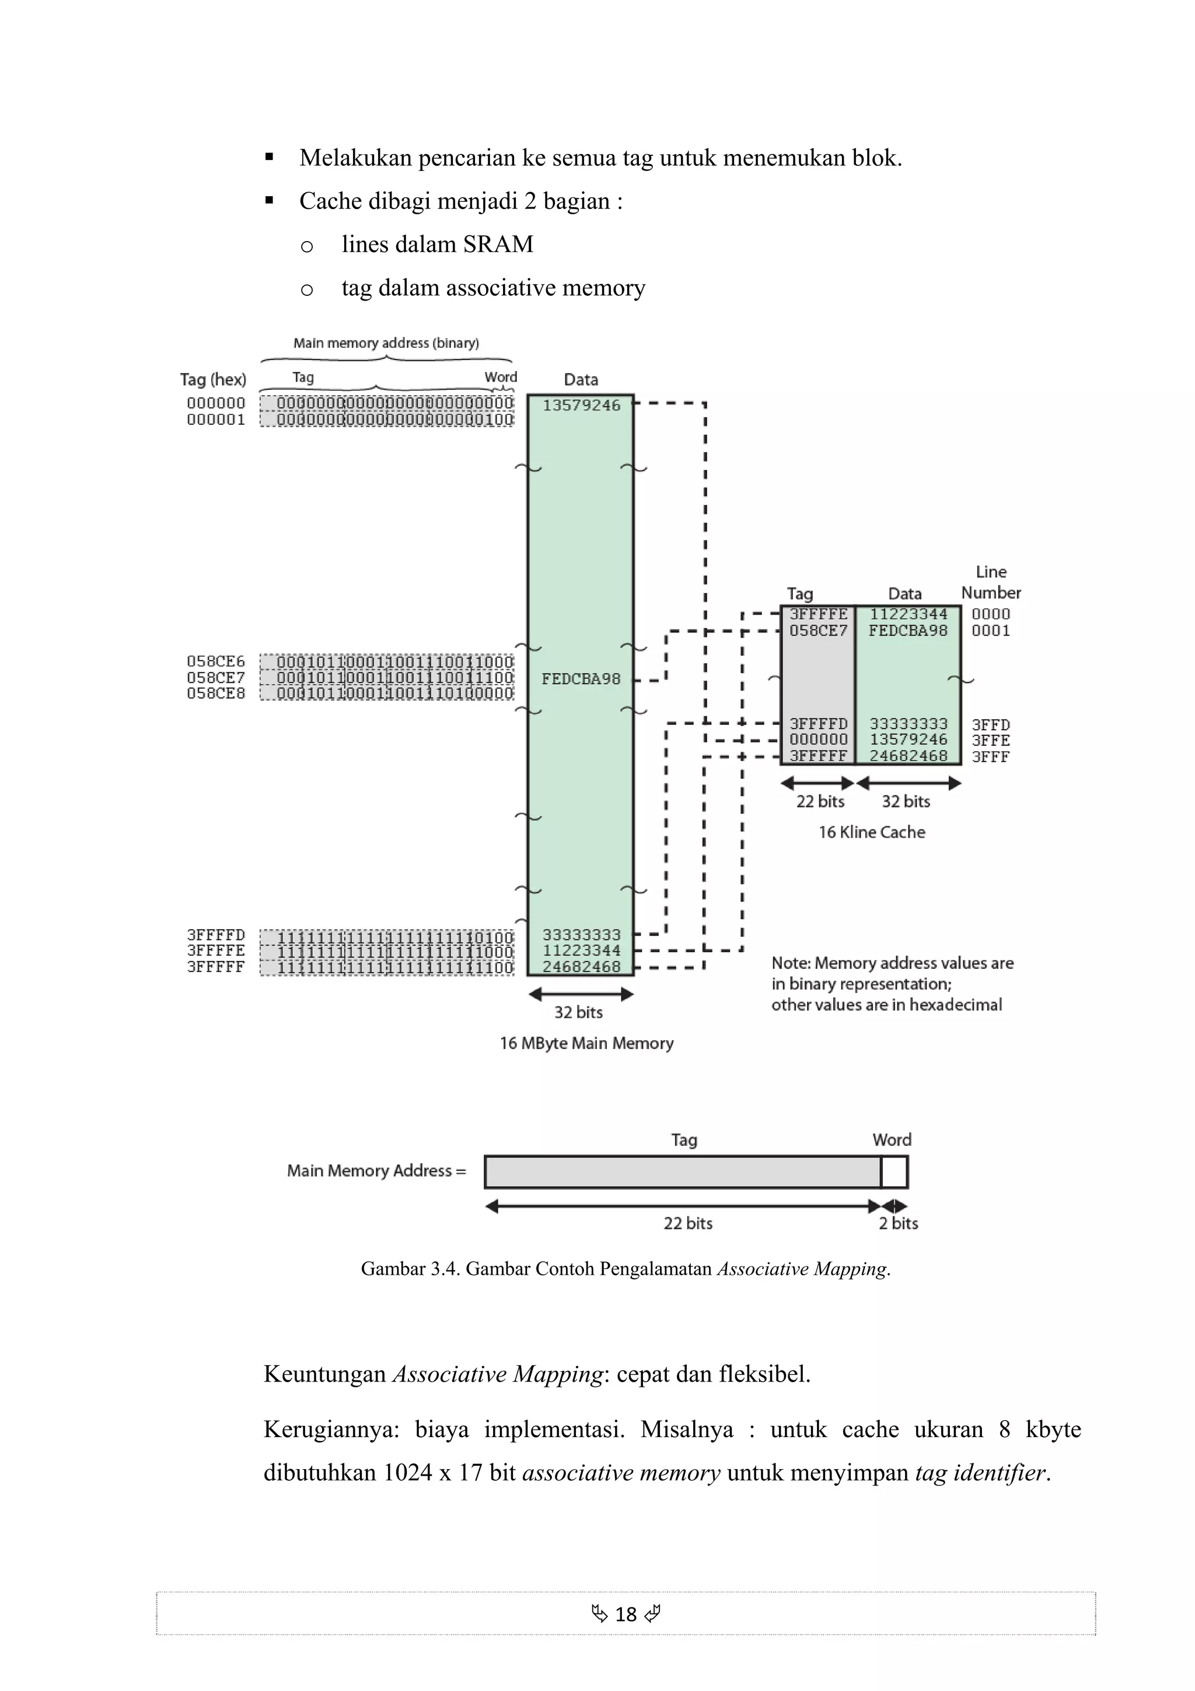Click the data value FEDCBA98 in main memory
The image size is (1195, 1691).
pyautogui.click(x=581, y=679)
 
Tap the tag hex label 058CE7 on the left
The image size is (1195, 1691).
pyautogui.click(x=216, y=678)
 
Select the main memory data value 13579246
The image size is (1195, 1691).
pyautogui.click(x=582, y=405)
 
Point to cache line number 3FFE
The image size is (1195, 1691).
pyautogui.click(x=990, y=740)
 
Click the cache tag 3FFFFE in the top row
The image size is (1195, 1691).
pyautogui.click(x=818, y=614)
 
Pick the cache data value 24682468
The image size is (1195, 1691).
pyautogui.click(x=908, y=756)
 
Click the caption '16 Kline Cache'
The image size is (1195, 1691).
pyautogui.click(x=872, y=832)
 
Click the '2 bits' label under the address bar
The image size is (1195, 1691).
pyautogui.click(x=898, y=1223)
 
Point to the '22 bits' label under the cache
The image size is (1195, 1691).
pyautogui.click(x=819, y=801)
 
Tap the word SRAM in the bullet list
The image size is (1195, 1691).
pyautogui.click(x=498, y=244)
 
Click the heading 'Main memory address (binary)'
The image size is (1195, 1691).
pyautogui.click(x=386, y=343)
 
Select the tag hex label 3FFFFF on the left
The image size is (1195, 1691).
pyautogui.click(x=216, y=967)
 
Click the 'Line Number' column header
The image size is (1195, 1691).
pyautogui.click(x=991, y=583)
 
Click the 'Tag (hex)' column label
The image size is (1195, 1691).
pyautogui.click(x=213, y=379)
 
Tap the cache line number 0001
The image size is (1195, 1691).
pyautogui.click(x=990, y=630)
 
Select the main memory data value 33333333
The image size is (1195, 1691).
pyautogui.click(x=582, y=935)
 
